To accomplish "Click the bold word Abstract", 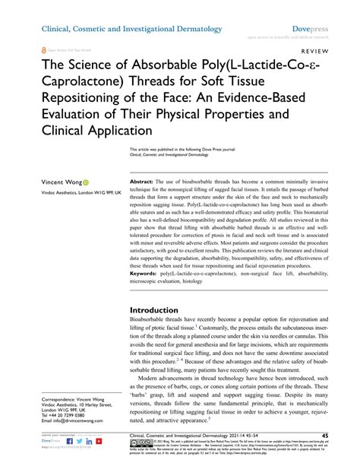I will tap(143, 183).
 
